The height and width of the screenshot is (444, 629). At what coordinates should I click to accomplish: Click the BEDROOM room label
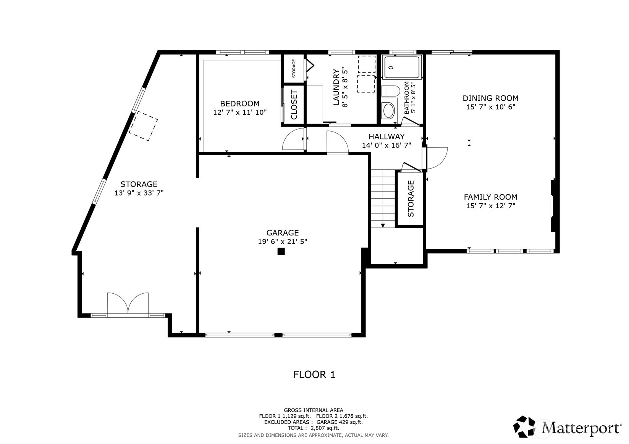click(x=239, y=103)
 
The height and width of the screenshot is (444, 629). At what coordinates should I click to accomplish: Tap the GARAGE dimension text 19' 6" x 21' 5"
click(x=282, y=241)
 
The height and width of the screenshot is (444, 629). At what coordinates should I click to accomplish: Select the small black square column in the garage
click(x=281, y=251)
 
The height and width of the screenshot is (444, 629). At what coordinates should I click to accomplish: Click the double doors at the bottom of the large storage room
click(x=128, y=304)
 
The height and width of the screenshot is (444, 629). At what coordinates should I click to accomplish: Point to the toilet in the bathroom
click(x=390, y=91)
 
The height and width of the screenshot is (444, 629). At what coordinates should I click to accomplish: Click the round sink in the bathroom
click(x=389, y=111)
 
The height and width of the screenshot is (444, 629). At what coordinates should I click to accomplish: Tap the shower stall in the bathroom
click(x=402, y=67)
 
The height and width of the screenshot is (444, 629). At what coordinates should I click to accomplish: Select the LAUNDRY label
click(x=336, y=87)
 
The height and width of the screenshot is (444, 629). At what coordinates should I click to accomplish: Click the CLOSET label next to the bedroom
click(x=294, y=105)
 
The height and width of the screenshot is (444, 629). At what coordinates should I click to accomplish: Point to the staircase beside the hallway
click(x=383, y=198)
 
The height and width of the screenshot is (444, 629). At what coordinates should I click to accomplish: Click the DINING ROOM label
click(x=490, y=98)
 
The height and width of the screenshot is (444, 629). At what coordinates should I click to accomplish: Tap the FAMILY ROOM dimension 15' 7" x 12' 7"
click(x=490, y=206)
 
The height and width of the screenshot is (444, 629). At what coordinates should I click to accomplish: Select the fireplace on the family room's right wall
click(x=553, y=206)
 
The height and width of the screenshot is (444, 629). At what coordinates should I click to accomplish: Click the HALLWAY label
click(x=386, y=137)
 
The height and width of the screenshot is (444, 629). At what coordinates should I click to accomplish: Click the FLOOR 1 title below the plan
click(x=314, y=375)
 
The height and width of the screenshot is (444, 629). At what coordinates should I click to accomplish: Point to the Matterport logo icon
click(x=526, y=426)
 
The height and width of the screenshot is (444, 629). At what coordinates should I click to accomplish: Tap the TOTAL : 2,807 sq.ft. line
click(x=313, y=428)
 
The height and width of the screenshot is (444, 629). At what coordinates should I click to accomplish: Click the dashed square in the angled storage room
click(x=143, y=126)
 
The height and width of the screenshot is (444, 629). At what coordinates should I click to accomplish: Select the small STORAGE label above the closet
click(x=294, y=69)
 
